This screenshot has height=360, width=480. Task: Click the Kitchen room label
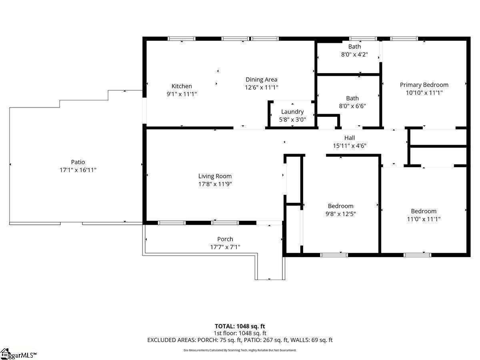coord(182,86)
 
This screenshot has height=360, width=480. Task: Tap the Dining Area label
coord(261,80)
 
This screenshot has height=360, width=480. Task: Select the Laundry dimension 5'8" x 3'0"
coord(292,120)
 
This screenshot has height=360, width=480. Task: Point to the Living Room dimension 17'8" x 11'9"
coord(215,184)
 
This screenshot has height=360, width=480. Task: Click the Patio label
coord(78,162)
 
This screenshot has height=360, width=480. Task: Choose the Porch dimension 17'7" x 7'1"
coord(225,247)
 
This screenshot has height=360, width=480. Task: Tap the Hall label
coord(350,138)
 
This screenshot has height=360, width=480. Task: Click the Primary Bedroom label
coord(424,85)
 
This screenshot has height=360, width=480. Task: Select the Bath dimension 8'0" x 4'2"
coord(354,54)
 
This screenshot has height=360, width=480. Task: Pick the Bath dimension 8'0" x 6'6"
coord(352,106)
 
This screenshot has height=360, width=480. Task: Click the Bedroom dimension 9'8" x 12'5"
coord(340,214)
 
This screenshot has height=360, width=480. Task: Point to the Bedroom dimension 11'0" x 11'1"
coord(424,219)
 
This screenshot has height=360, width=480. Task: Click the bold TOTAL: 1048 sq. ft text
coord(240,326)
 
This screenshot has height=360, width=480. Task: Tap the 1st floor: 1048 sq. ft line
coord(240,333)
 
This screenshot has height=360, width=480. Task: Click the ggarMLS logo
coord(18,354)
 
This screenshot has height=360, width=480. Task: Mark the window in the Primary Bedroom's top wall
coord(404,39)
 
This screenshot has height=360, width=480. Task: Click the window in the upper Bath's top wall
coord(363,39)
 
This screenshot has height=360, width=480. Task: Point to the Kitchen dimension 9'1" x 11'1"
coord(182,94)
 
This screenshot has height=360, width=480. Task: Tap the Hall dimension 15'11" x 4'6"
coord(350,146)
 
